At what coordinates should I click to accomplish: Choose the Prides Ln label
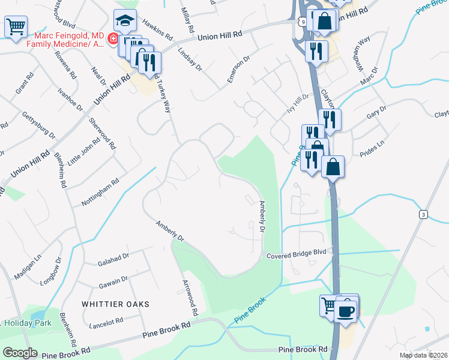pos(371,146)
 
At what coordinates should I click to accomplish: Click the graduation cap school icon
pos(125,21)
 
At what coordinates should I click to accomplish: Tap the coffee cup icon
pos(346,311)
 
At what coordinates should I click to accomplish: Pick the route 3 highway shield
pos(424,214)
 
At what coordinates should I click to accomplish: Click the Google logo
pos(20,353)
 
